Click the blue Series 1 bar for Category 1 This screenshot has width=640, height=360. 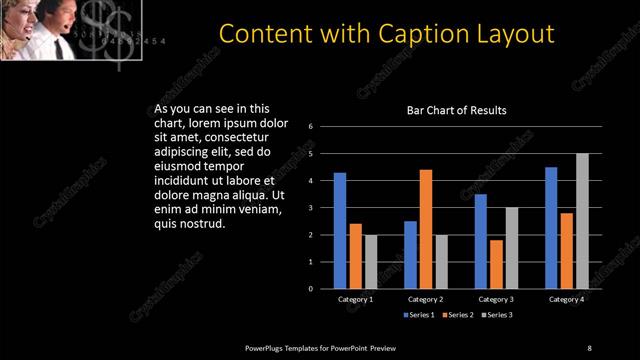click(340, 231)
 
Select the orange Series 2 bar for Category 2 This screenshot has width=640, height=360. click(426, 229)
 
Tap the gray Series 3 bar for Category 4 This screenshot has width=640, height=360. click(582, 221)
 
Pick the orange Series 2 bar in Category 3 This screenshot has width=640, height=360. click(496, 264)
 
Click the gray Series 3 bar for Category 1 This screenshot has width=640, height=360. click(371, 262)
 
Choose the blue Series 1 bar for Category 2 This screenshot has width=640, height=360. click(410, 255)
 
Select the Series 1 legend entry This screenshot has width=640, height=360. click(419, 316)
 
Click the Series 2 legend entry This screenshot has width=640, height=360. click(457, 316)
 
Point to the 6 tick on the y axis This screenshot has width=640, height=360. click(311, 127)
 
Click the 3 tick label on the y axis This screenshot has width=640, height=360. click(311, 208)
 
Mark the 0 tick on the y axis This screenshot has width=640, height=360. click(311, 289)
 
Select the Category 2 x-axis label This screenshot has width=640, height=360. click(426, 299)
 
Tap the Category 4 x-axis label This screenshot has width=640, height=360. click(567, 299)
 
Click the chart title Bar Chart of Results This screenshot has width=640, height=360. click(456, 110)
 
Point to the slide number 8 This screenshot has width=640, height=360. click(589, 348)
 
